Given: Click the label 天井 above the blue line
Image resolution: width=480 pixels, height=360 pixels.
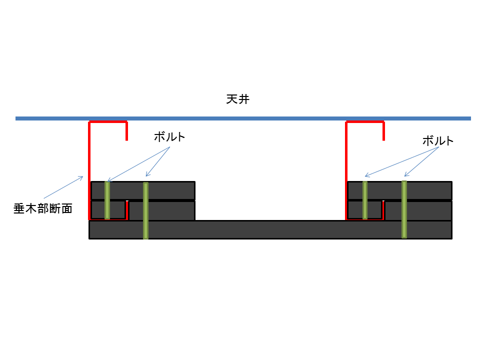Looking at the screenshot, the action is pyautogui.click(x=238, y=99).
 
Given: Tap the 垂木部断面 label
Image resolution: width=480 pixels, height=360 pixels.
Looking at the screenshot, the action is pyautogui.click(x=43, y=208).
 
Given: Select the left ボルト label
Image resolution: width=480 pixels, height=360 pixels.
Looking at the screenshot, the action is pyautogui.click(x=169, y=137).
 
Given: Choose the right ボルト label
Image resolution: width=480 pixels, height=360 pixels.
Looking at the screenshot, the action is pyautogui.click(x=438, y=141).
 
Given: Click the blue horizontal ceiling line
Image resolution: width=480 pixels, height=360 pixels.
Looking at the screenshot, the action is pyautogui.click(x=243, y=118).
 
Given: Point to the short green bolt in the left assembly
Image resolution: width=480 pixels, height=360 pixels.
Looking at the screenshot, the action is pyautogui.click(x=107, y=200).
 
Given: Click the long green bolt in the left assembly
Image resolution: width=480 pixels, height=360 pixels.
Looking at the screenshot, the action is pyautogui.click(x=145, y=210).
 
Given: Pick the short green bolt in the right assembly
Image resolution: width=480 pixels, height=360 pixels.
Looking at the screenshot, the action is pyautogui.click(x=365, y=200).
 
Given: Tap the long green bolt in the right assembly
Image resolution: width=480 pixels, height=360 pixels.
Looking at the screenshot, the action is pyautogui.click(x=404, y=209).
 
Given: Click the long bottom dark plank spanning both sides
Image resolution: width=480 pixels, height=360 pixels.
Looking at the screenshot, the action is pyautogui.click(x=270, y=229).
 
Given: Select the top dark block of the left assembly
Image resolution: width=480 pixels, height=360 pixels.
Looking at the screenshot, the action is pyautogui.click(x=143, y=190).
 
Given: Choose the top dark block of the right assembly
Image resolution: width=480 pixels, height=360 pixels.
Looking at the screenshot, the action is pyautogui.click(x=400, y=190).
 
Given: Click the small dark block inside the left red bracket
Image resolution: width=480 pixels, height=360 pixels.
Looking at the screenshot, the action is pyautogui.click(x=108, y=209).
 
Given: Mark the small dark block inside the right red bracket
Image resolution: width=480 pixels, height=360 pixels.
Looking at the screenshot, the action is pyautogui.click(x=364, y=209).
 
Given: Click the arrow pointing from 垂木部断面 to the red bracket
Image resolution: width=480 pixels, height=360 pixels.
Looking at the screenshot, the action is pyautogui.click(x=63, y=187).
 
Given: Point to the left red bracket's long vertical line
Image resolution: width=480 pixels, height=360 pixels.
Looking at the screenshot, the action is pyautogui.click(x=89, y=170).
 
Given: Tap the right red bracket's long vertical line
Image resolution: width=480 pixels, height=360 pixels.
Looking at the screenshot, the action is pyautogui.click(x=346, y=170).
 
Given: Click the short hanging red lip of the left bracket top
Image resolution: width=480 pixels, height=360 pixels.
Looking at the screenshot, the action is pyautogui.click(x=126, y=131).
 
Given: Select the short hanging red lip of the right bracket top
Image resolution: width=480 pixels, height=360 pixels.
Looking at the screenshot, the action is pyautogui.click(x=383, y=131).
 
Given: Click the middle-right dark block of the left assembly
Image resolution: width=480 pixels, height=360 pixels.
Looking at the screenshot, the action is pyautogui.click(x=162, y=210).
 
